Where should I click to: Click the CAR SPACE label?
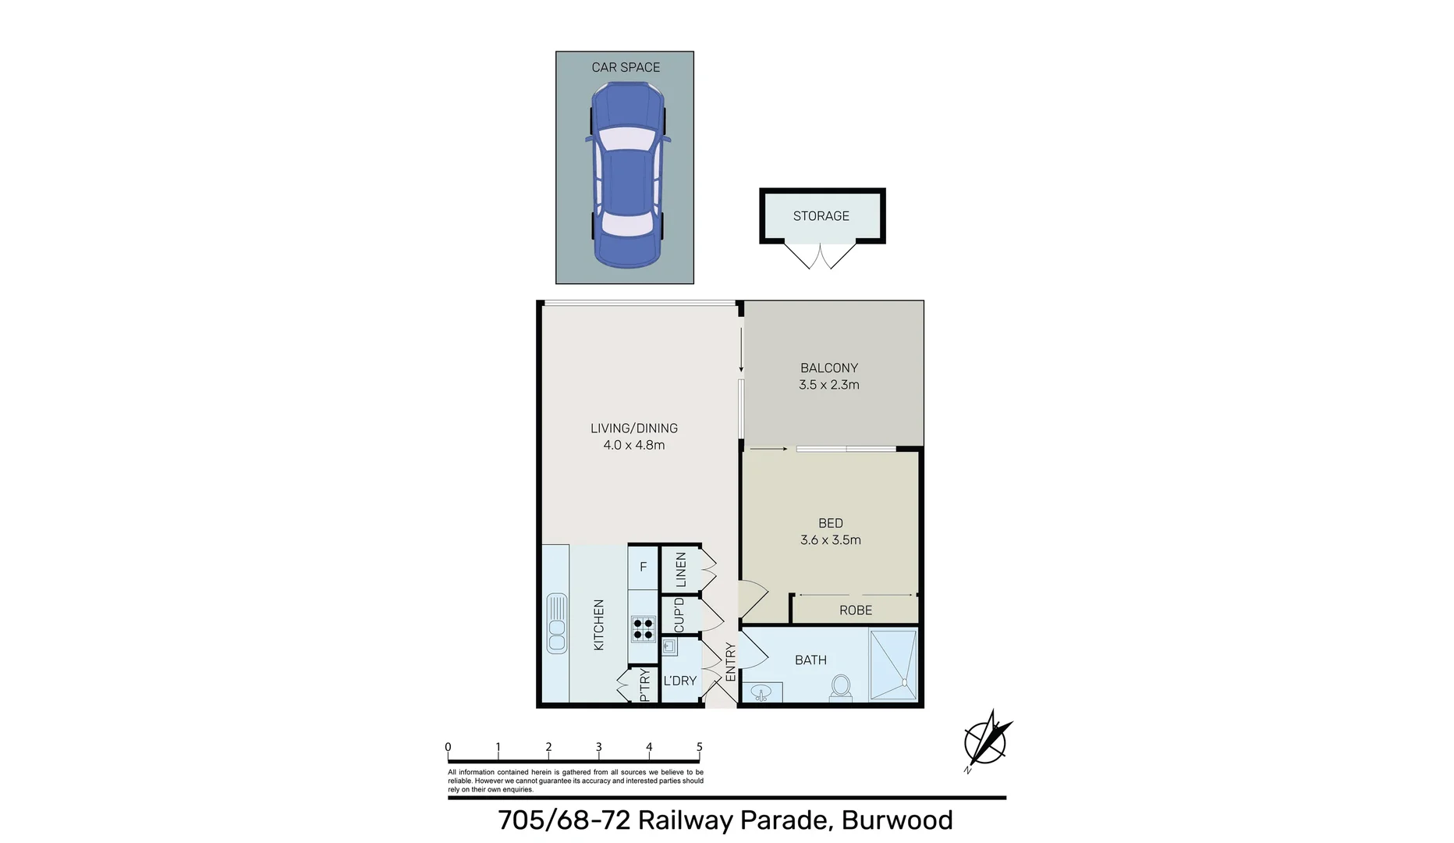point(626,67)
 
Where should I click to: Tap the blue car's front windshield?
point(626,140)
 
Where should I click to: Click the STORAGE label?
point(821,216)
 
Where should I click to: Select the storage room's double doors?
point(820,255)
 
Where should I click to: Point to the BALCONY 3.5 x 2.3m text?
point(828,376)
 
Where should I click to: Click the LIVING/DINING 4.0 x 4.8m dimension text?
point(633,436)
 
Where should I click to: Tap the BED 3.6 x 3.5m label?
point(830,532)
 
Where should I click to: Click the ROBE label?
point(855,610)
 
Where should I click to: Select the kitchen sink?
point(557,623)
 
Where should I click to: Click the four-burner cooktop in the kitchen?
point(644,628)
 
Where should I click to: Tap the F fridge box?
point(643,567)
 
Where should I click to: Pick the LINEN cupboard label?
point(681,570)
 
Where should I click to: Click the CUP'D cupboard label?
point(679,615)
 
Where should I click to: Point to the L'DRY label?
point(679,681)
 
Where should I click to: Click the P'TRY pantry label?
point(644,685)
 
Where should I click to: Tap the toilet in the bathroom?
point(840,687)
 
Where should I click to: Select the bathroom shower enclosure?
point(893,665)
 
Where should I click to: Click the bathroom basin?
point(761,692)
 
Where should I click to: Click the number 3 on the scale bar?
point(598,747)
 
